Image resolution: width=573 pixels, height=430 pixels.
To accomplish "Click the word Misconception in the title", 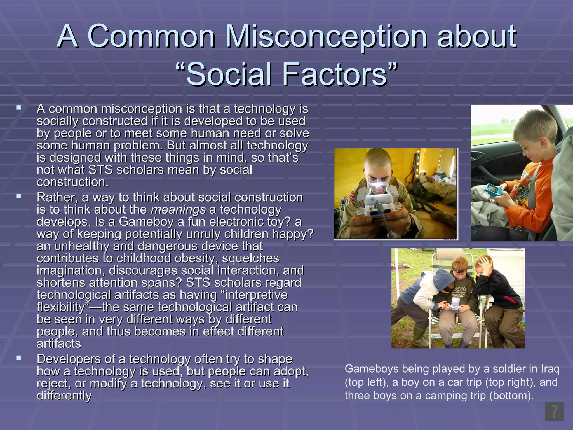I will tap(326, 36).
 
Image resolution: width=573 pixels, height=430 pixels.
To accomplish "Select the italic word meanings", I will tap(178, 210).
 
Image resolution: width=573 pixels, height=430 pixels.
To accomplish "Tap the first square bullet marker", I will tap(19, 107).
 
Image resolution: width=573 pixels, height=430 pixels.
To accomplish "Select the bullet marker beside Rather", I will tap(19, 196).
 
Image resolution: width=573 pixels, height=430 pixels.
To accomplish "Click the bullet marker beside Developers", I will tap(19, 358).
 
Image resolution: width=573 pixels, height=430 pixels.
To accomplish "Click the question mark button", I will tap(554, 412).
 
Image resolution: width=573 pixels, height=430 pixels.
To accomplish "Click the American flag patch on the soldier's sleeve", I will tap(353, 197).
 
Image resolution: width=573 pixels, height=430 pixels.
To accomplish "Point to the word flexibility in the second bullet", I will tap(60, 307).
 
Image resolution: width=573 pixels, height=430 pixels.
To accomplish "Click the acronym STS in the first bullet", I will tap(100, 170).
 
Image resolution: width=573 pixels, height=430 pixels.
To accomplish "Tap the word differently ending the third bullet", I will tap(64, 396).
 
